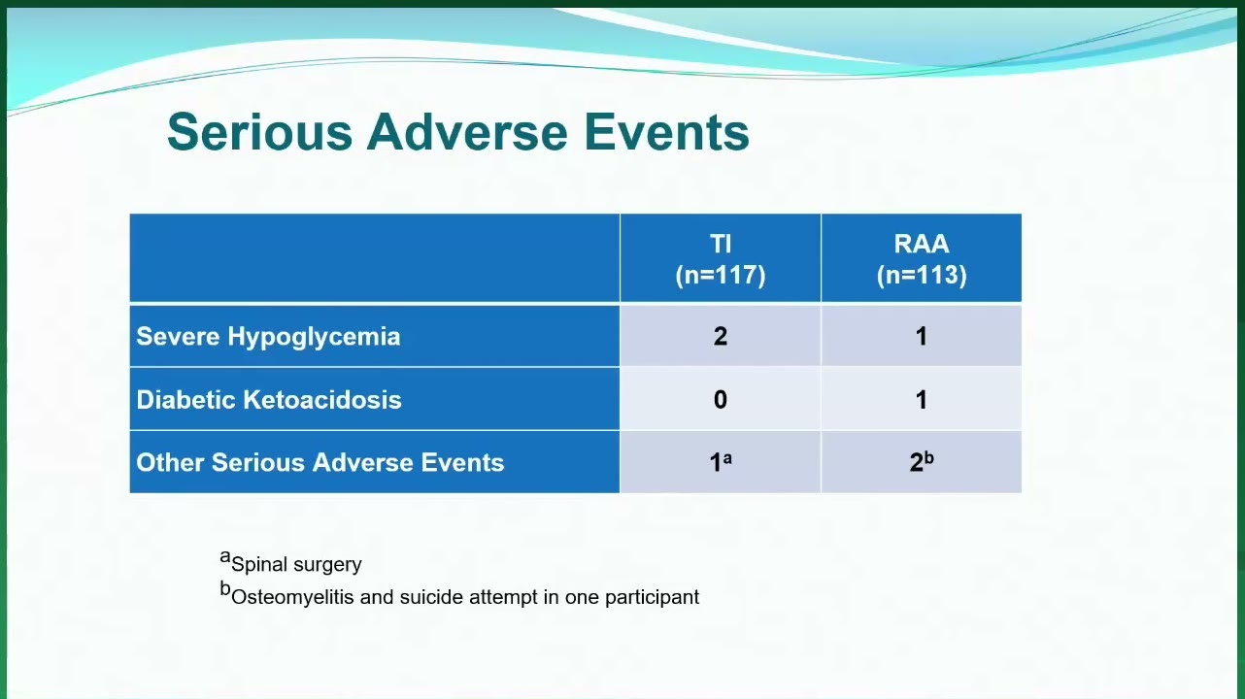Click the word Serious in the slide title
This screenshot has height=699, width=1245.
click(259, 132)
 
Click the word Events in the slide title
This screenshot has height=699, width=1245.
click(666, 132)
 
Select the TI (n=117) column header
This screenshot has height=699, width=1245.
click(721, 259)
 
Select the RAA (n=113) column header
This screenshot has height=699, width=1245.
click(922, 259)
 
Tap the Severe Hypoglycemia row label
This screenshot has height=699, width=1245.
click(268, 337)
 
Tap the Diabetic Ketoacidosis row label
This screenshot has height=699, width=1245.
click(268, 400)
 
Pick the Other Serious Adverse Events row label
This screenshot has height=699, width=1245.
click(320, 462)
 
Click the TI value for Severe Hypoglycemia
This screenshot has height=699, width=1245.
click(721, 336)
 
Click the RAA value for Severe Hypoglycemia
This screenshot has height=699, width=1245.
click(922, 336)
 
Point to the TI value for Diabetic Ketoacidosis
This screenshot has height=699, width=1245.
click(721, 400)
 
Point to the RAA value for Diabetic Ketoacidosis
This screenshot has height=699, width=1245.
click(922, 400)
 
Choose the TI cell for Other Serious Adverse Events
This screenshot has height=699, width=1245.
click(721, 462)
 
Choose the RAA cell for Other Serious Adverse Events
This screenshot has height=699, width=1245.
click(922, 462)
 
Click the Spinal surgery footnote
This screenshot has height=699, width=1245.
click(290, 562)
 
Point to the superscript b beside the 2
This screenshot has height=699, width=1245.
click(928, 458)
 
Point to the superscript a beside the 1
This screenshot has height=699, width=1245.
click(727, 459)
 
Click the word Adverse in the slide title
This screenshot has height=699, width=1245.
click(467, 132)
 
